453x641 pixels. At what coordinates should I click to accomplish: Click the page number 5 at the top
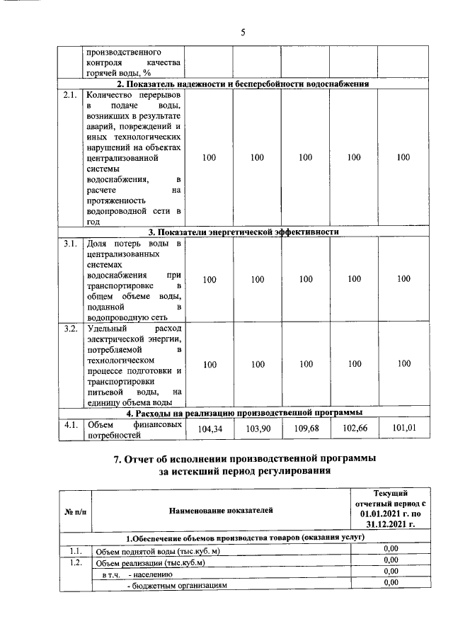click(242, 33)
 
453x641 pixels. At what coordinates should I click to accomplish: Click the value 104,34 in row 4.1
click(209, 429)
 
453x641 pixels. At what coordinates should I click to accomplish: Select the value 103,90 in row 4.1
click(257, 429)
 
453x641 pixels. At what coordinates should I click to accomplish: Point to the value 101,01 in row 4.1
click(403, 429)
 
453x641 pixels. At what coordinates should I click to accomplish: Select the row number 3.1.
click(69, 244)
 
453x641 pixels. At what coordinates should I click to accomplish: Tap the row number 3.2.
click(69, 329)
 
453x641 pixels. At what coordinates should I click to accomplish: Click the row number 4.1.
click(69, 425)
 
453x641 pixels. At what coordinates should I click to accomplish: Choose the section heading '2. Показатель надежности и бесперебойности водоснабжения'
click(243, 84)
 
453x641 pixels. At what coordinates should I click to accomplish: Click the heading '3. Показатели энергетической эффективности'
click(243, 232)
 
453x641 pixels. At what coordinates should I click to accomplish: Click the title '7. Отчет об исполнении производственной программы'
click(245, 460)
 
